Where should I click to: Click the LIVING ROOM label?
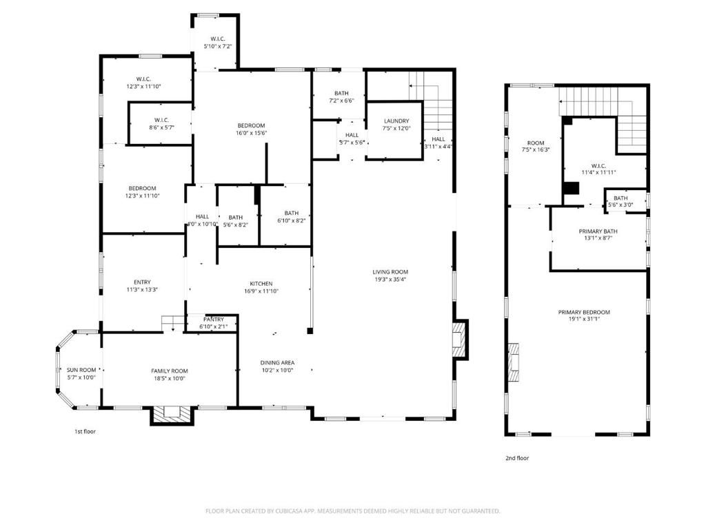390,271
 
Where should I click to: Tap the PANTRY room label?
214,319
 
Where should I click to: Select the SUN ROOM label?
82,370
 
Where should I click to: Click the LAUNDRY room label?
396,121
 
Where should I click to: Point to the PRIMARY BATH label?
598,231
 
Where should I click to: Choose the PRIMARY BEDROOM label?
584,312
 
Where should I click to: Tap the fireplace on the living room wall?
459,340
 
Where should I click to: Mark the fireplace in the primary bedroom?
512,362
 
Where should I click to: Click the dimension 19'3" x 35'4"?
390,279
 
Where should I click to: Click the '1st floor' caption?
85,432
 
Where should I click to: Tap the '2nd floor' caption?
517,457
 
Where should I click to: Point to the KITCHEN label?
261,283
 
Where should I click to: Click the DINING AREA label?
277,362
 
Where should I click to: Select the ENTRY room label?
142,282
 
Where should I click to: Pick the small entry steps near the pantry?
171,322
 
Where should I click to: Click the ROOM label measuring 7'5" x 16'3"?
535,142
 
